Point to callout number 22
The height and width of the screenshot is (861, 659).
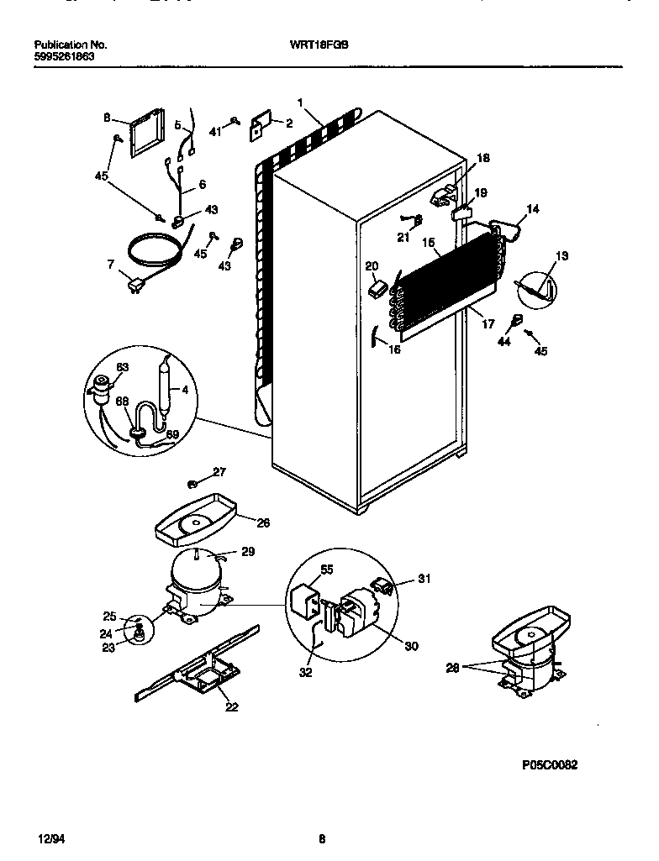pos(231,706)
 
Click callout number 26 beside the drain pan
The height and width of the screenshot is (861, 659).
pos(262,522)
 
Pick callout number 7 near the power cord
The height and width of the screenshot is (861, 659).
pos(110,265)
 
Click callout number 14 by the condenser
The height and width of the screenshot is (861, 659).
pos(532,209)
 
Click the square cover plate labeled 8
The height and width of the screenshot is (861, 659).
pos(147,133)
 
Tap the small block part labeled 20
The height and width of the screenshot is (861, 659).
pos(377,288)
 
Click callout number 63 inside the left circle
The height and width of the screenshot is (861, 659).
pos(122,366)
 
